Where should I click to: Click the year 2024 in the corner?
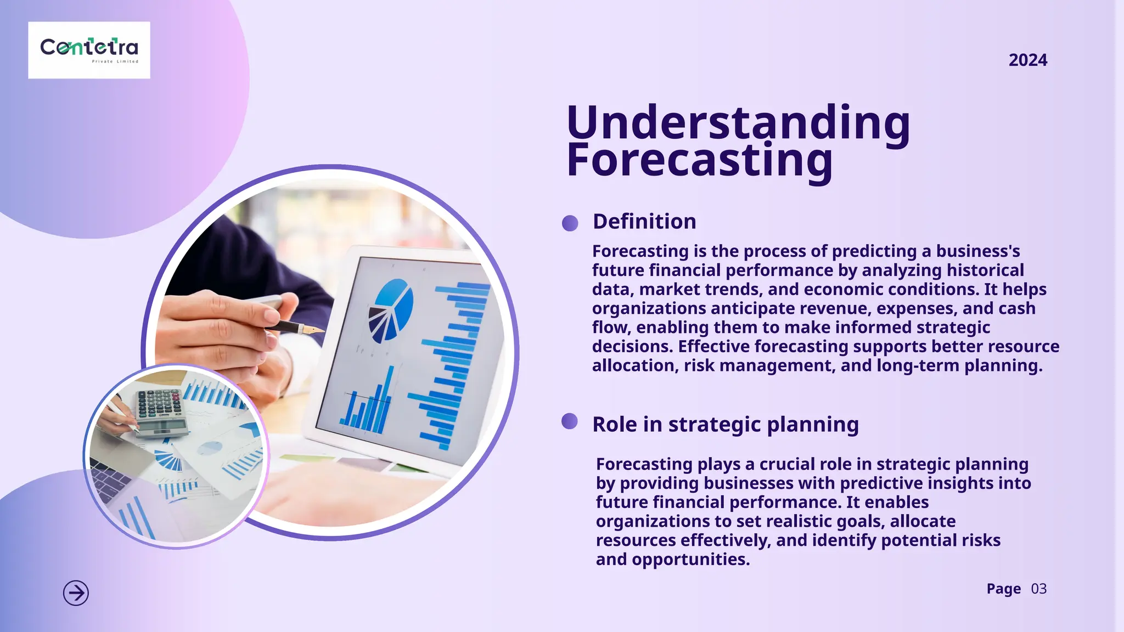tap(1027, 60)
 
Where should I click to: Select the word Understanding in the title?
tap(738, 122)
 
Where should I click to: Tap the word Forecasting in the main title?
tap(699, 160)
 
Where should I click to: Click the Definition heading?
tap(644, 222)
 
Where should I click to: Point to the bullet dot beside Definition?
tap(570, 223)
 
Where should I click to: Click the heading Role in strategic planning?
tap(726, 425)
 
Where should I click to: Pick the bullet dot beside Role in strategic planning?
tap(570, 421)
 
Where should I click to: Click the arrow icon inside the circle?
tap(76, 593)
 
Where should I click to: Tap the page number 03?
tap(1038, 589)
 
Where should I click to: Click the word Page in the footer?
tap(1003, 589)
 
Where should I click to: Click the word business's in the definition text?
tap(977, 251)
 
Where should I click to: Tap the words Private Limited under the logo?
tap(115, 61)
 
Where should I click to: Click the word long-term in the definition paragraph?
tap(918, 365)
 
